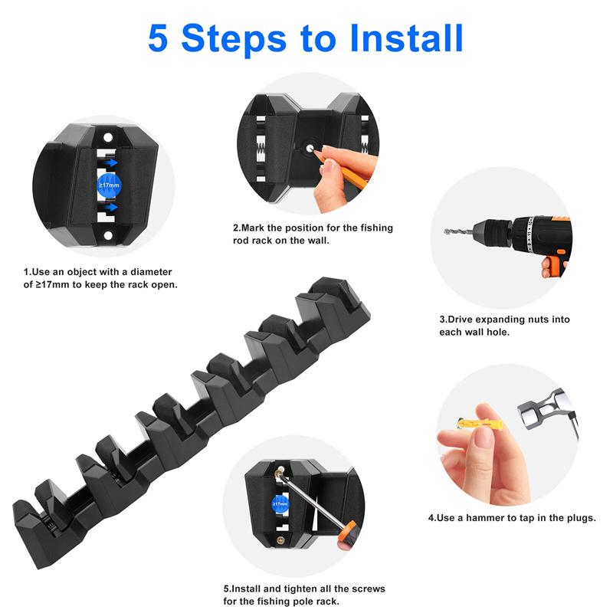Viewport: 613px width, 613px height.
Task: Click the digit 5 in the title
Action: pos(158,38)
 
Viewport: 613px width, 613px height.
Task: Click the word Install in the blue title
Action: pos(406,38)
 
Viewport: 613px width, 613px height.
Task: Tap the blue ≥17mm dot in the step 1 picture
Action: pos(109,185)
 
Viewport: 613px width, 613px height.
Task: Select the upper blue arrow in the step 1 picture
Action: pos(111,162)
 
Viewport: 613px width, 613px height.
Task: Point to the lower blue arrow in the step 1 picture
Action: pos(111,207)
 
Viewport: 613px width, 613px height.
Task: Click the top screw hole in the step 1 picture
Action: pos(108,138)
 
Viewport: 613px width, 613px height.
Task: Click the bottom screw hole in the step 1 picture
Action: pos(108,236)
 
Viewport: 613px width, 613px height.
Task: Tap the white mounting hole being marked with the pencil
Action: pos(310,149)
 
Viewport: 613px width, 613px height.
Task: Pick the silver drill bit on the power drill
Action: pos(458,231)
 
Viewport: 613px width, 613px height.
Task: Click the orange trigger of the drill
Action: pos(552,263)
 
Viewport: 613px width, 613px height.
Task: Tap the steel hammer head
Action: pos(543,408)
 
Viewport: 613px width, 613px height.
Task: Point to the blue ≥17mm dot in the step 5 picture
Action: pos(280,504)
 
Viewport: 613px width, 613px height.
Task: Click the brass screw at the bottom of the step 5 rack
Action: pos(281,541)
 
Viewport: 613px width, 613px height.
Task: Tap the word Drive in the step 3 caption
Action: pos(460,320)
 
